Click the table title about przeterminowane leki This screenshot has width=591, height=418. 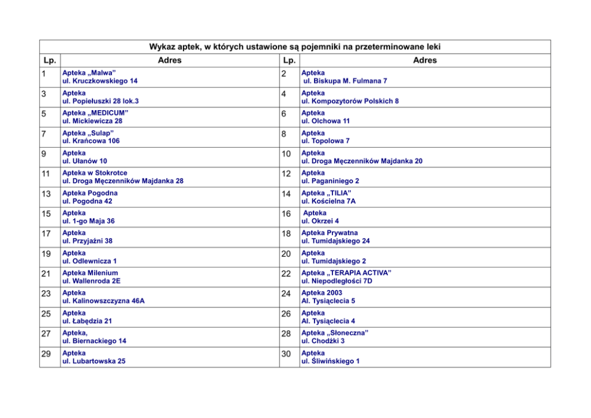295,47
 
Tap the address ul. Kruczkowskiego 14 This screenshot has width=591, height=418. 100,81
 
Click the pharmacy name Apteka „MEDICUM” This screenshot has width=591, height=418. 95,113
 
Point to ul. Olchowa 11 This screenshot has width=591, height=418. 325,121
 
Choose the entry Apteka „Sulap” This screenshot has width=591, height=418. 88,133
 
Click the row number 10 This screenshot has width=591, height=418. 287,154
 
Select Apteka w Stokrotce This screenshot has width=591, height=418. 95,173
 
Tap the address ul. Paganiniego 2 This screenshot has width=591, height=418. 330,181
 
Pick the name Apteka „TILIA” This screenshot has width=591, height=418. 326,193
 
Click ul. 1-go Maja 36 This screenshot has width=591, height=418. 89,221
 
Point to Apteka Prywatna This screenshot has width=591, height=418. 329,233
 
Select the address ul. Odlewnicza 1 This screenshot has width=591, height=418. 89,261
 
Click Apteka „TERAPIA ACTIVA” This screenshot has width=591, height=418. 346,273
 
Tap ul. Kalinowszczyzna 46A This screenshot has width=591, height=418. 104,301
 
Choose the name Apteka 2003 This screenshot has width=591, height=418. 322,293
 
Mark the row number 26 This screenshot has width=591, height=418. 287,314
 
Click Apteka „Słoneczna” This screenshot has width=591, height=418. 334,333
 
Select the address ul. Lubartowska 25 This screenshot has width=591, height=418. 94,361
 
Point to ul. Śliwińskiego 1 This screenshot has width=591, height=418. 331,361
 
